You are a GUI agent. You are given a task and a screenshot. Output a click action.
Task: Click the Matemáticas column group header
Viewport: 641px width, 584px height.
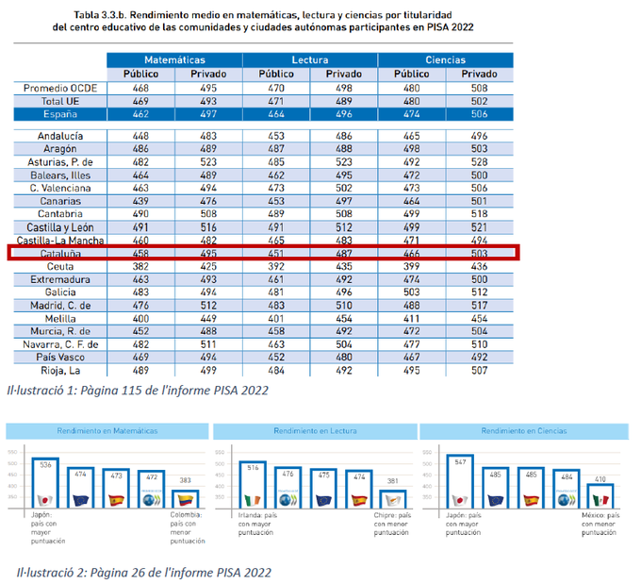coord(174,59)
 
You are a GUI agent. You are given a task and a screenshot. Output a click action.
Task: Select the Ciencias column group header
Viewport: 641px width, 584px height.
coord(445,59)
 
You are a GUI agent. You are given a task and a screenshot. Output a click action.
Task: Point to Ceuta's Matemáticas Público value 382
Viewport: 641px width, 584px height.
coord(140,267)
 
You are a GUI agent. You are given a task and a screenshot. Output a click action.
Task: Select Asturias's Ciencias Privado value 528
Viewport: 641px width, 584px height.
coord(479,161)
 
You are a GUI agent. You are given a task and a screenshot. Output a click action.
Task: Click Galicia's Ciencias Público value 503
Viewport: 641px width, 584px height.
coord(411,292)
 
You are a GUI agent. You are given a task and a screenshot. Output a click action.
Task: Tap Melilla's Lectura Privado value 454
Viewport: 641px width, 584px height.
coord(343,319)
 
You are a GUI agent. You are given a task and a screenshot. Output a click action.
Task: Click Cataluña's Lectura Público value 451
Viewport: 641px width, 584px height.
coord(275,254)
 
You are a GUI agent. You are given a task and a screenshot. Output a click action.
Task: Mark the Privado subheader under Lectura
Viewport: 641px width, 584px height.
coord(343,74)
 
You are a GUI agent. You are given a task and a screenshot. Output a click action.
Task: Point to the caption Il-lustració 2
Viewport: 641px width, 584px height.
coord(143,572)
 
